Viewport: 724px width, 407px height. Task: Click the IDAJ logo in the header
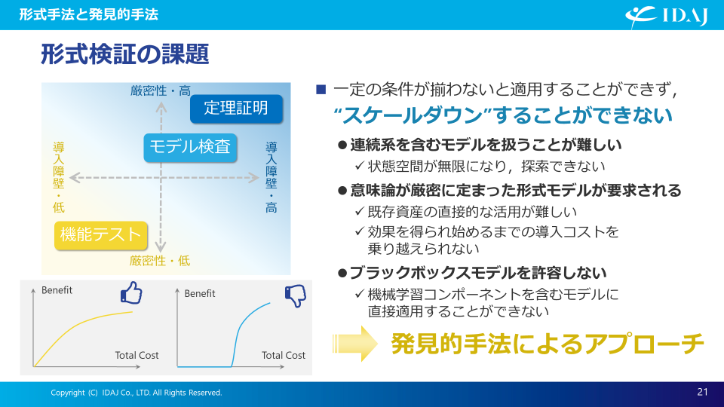[x=666, y=17]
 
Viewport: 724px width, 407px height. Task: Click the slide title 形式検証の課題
[x=125, y=54]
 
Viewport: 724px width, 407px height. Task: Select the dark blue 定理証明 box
[x=236, y=109]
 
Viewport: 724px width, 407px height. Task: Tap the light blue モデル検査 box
[x=190, y=147]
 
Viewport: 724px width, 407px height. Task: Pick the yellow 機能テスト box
[x=100, y=235]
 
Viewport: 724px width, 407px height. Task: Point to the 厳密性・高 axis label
[x=160, y=90]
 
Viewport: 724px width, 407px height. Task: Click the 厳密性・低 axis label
[x=160, y=261]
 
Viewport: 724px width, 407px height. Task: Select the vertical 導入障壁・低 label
[x=59, y=177]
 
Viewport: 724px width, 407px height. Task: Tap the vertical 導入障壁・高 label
[x=271, y=177]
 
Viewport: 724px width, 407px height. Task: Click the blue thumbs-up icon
[x=131, y=293]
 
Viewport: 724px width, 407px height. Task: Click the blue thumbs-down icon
[x=296, y=296]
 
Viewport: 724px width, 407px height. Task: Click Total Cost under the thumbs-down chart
[x=284, y=355]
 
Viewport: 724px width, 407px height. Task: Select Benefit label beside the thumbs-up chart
[x=57, y=290]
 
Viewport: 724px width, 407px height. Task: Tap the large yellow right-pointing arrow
[x=355, y=344]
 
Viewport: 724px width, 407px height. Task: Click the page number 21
[x=702, y=392]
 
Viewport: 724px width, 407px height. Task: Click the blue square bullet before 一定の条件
[x=321, y=90]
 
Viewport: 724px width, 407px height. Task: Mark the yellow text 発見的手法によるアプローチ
[x=548, y=344]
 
